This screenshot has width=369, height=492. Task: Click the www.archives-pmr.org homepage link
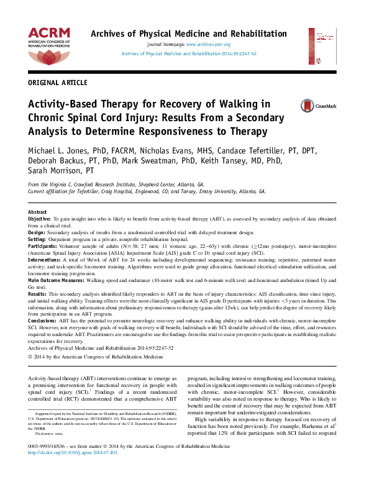pos(208,45)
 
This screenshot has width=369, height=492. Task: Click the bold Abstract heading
pos(37,212)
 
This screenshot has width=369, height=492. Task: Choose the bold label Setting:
pos(37,239)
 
